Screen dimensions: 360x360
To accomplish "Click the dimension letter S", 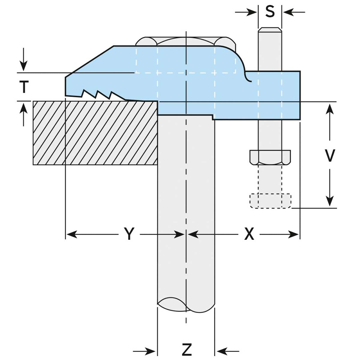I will [270, 11].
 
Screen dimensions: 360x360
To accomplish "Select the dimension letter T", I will [24, 87].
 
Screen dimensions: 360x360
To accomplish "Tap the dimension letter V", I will [330, 155].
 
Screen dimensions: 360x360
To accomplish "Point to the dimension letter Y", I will [129, 234].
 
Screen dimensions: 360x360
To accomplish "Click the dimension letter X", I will [249, 234].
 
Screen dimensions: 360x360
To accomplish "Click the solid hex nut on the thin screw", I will [270, 157].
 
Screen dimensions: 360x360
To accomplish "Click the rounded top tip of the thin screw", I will [270, 29].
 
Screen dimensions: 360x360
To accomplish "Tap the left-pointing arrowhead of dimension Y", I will [71, 234].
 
